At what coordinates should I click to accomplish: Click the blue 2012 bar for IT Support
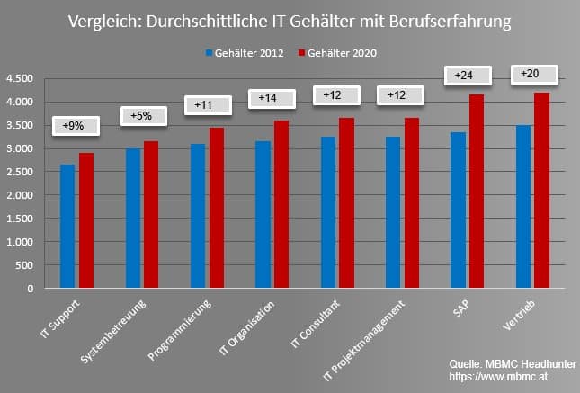(67, 227)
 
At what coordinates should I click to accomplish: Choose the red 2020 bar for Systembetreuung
(151, 215)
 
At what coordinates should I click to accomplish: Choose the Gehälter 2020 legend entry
(338, 54)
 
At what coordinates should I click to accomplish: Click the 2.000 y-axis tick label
(20, 195)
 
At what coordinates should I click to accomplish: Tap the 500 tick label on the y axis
(24, 265)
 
